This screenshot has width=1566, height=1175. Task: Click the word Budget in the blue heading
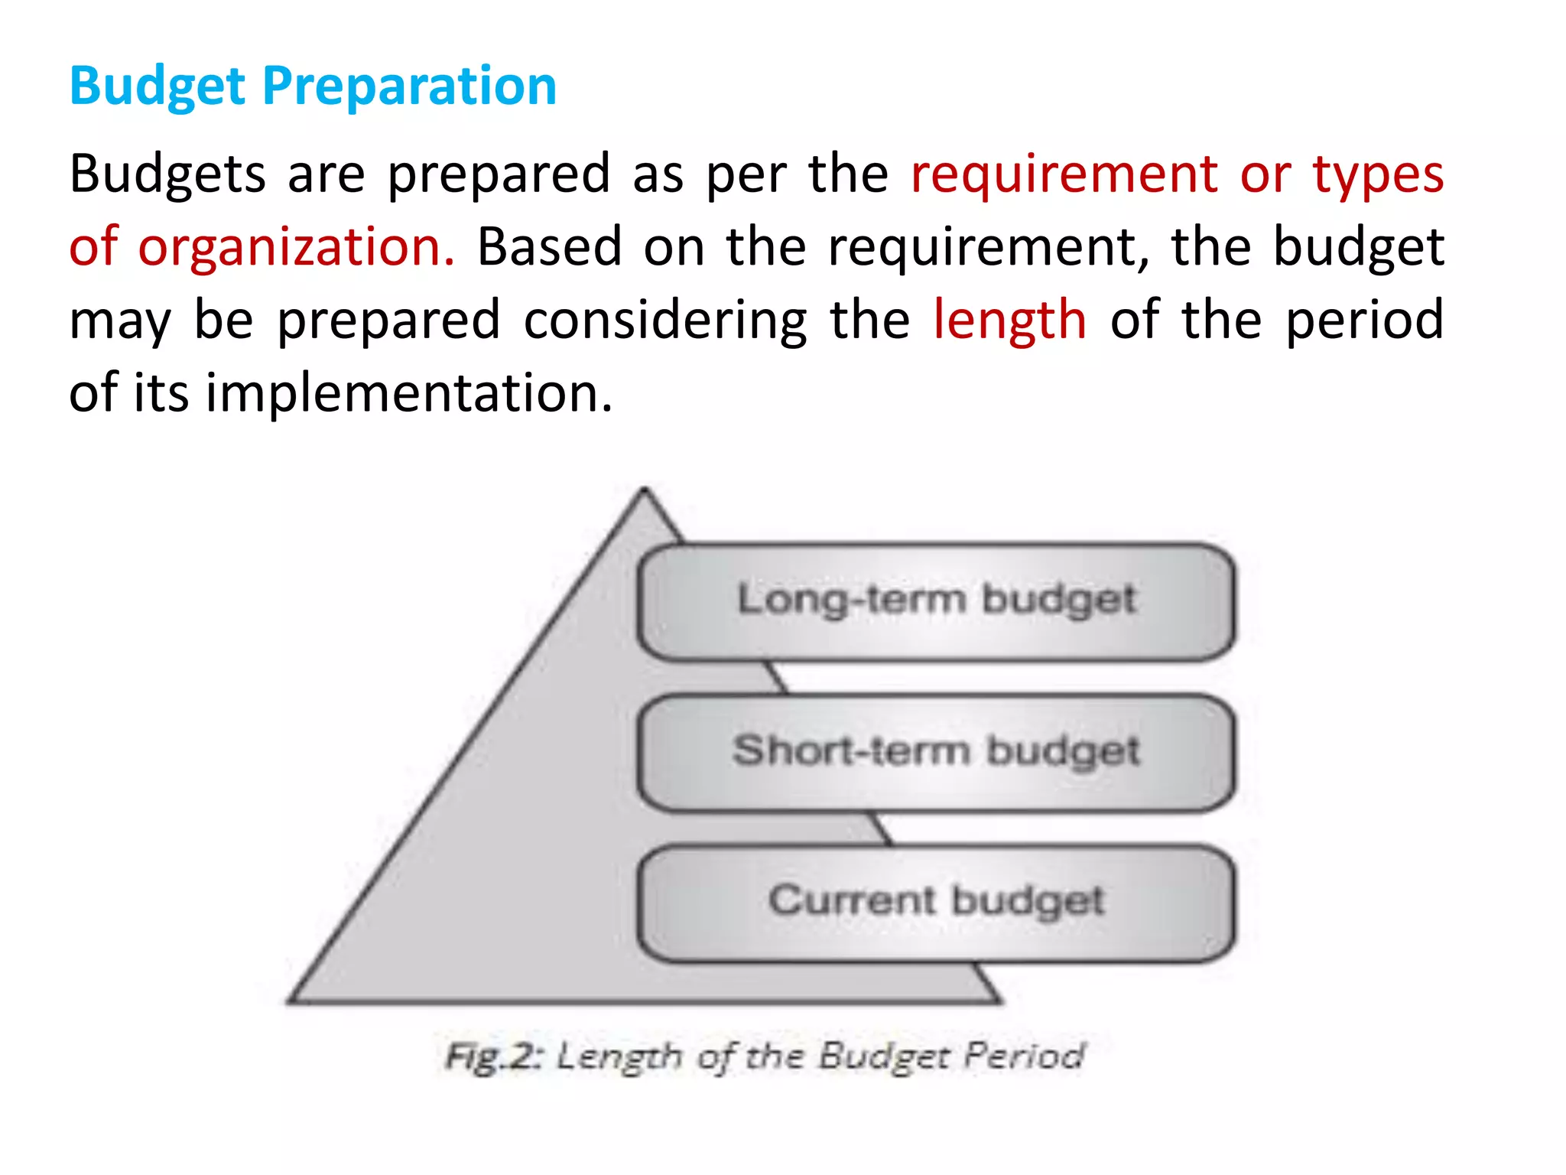[x=158, y=86]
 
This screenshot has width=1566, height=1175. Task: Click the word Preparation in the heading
[x=409, y=86]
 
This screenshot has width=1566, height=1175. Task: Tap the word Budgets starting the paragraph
[x=167, y=174]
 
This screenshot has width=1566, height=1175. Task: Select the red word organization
[x=296, y=247]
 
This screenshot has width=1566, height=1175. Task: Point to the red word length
[x=1009, y=320]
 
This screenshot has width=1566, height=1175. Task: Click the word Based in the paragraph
[x=549, y=247]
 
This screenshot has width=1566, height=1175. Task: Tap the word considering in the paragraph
[x=664, y=320]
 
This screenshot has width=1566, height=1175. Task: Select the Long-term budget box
[x=936, y=601]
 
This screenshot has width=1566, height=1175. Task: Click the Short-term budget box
[x=936, y=752]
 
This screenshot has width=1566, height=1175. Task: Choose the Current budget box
[x=936, y=903]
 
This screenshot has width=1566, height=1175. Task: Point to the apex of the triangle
[x=644, y=491]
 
